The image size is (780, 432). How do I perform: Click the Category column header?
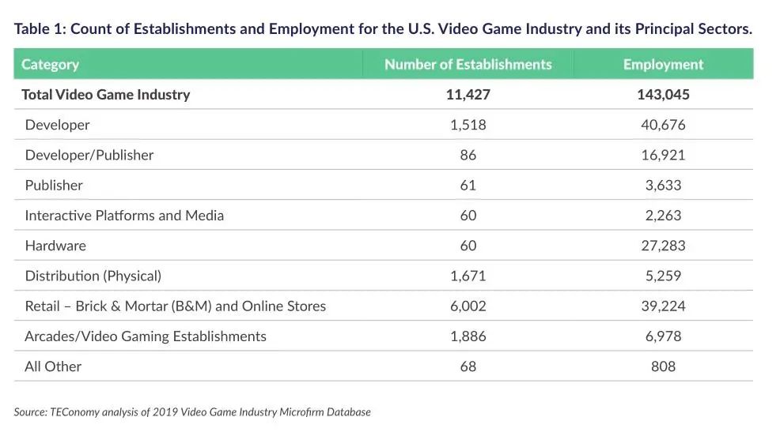pos(50,65)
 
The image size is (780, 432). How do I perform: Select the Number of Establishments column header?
pos(468,65)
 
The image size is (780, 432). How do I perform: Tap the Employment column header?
pos(663,65)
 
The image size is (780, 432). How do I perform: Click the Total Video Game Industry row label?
pos(105,95)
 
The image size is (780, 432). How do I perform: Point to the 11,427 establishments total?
pos(468,95)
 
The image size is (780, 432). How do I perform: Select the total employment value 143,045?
pos(663,95)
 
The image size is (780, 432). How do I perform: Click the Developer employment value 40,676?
pos(663,125)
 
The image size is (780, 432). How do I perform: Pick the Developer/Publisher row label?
pos(89,155)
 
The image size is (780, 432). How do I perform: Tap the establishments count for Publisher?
pos(468,185)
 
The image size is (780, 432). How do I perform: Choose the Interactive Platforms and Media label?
pos(124,216)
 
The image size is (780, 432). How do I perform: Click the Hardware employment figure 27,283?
pos(663,246)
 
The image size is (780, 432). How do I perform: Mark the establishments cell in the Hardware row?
pos(468,246)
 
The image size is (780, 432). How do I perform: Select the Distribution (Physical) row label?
pos(93,276)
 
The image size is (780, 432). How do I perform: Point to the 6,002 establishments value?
pos(468,306)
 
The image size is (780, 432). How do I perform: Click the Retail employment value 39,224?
pos(663,306)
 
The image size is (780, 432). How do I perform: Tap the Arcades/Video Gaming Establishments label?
pos(146,336)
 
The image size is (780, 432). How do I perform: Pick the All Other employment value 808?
pos(663,366)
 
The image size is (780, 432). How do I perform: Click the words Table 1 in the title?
pos(39,29)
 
